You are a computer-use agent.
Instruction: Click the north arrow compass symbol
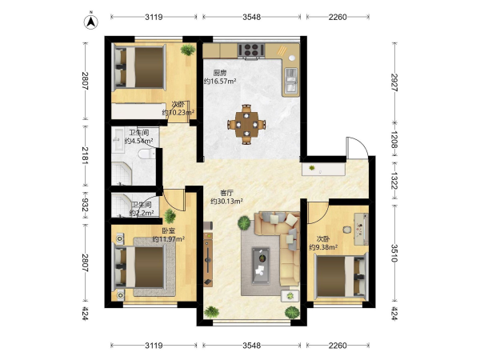click(x=91, y=21)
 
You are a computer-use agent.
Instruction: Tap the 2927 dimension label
click(x=394, y=82)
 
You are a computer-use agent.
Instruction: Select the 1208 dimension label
click(x=394, y=140)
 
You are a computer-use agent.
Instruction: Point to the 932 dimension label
click(x=85, y=205)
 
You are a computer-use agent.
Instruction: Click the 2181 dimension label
click(x=85, y=155)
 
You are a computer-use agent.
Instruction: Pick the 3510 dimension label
click(x=394, y=253)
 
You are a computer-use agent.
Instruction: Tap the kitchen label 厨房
click(x=220, y=73)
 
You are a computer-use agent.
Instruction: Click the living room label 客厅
click(x=227, y=193)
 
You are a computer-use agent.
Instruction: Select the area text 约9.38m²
click(x=323, y=247)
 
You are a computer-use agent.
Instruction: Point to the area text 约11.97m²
click(x=168, y=238)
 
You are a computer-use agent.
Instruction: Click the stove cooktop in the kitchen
click(x=251, y=50)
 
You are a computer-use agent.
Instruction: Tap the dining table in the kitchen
click(x=246, y=125)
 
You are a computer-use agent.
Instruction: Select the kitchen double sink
click(x=291, y=80)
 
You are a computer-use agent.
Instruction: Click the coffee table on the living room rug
click(x=261, y=266)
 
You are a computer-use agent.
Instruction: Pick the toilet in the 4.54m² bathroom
click(x=146, y=154)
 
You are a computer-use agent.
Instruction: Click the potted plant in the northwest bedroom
click(x=188, y=50)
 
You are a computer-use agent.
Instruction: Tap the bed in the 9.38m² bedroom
click(x=341, y=277)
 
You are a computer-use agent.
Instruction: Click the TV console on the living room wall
click(x=208, y=259)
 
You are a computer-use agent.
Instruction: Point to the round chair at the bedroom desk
click(x=347, y=230)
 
